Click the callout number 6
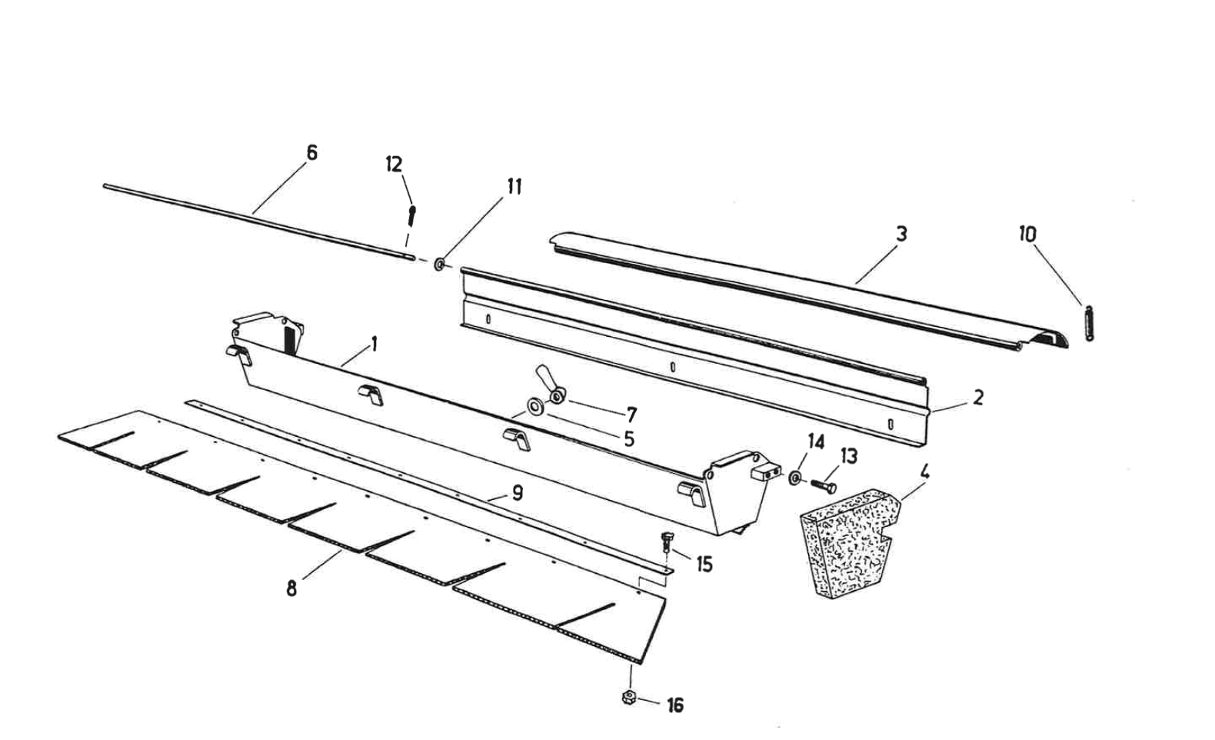(311, 152)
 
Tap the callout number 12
(394, 164)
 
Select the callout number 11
(514, 186)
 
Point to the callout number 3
(901, 233)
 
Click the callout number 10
(1028, 234)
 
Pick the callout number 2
(978, 398)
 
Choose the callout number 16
(675, 705)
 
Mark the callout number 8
(292, 590)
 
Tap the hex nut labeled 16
(629, 698)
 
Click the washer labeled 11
(439, 264)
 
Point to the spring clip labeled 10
(1089, 322)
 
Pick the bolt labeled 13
(824, 485)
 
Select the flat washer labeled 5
(533, 405)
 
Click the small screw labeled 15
(667, 541)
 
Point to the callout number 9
(518, 492)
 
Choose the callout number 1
(374, 343)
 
